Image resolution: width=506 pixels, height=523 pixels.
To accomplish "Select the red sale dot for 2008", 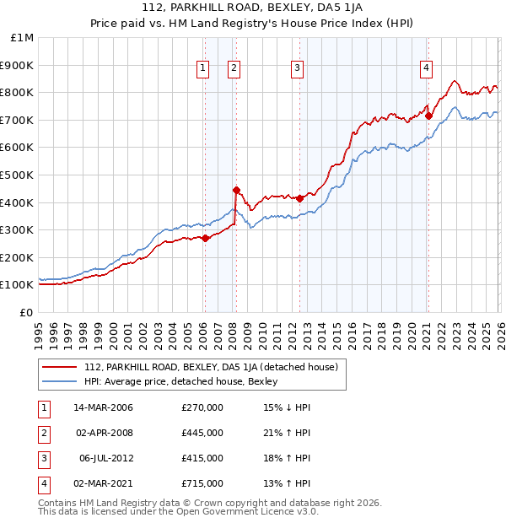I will (x=236, y=190).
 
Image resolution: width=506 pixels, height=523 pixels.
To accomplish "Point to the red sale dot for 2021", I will (x=428, y=116).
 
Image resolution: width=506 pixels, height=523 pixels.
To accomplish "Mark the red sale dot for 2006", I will (x=205, y=238).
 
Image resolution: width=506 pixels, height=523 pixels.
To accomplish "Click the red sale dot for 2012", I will (x=299, y=198).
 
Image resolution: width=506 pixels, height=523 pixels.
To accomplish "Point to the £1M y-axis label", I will (x=22, y=38).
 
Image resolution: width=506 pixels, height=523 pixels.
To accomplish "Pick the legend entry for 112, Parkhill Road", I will (x=211, y=367).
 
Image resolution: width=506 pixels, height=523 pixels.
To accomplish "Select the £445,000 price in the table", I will (x=202, y=433).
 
